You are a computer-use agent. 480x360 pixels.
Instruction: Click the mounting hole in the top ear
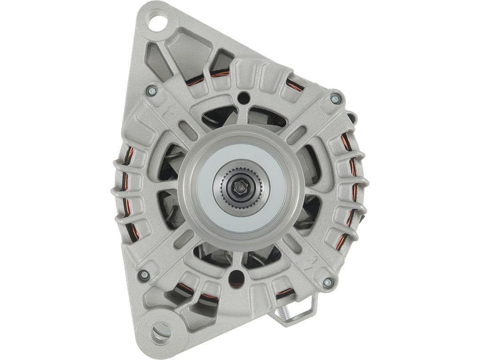(157, 22)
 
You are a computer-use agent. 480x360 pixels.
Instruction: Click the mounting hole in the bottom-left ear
(161, 331)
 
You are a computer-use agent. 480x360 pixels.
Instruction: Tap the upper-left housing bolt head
(152, 91)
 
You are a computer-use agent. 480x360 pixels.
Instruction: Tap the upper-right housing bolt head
(335, 99)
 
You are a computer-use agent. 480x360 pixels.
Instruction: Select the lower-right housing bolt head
(328, 282)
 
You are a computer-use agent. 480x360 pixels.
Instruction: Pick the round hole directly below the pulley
(236, 278)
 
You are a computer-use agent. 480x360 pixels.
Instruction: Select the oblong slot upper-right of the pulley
(296, 135)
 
